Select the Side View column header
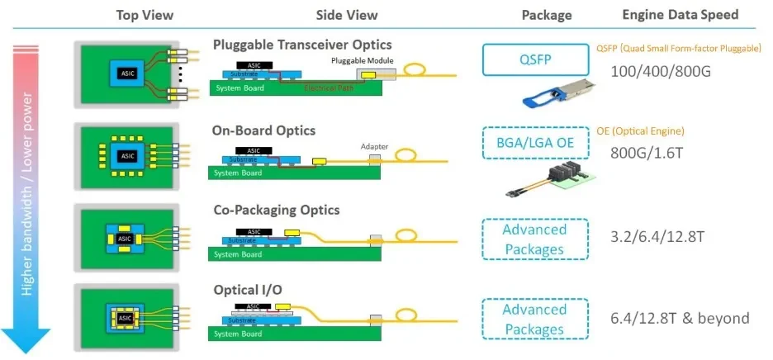[x=347, y=15]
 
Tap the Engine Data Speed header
[x=680, y=15]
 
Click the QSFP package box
[x=534, y=59]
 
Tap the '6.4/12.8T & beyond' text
[x=680, y=318]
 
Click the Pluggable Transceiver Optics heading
[x=302, y=45]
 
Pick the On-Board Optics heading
[x=264, y=130]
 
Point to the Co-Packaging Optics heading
[x=276, y=211]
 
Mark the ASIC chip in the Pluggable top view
[x=128, y=73]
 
